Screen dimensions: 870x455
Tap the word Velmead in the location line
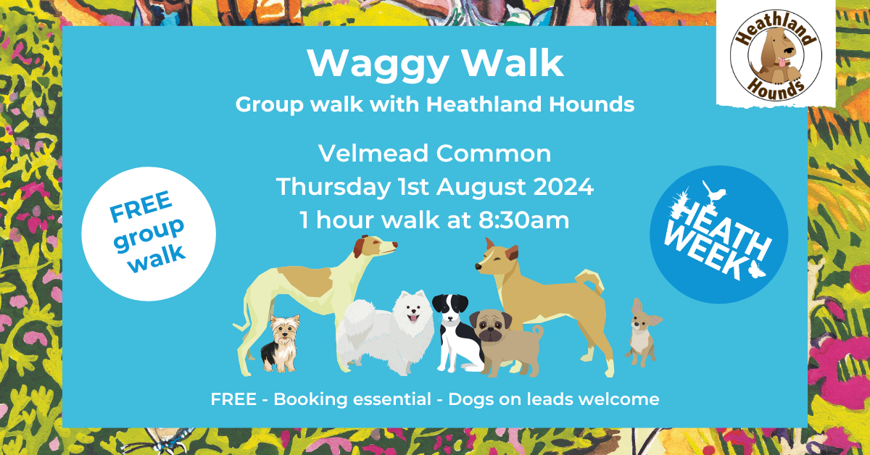point(373,154)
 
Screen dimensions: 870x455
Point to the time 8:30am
point(523,220)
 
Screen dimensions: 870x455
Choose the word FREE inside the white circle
point(141,206)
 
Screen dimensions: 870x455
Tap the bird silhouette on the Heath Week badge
point(715,192)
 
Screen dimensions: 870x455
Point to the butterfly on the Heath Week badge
point(757,269)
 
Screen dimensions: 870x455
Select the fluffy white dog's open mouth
point(413,318)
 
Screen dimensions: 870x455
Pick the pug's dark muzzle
point(492,333)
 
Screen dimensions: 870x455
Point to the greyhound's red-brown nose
point(394,245)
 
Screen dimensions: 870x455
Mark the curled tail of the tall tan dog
point(592,281)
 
